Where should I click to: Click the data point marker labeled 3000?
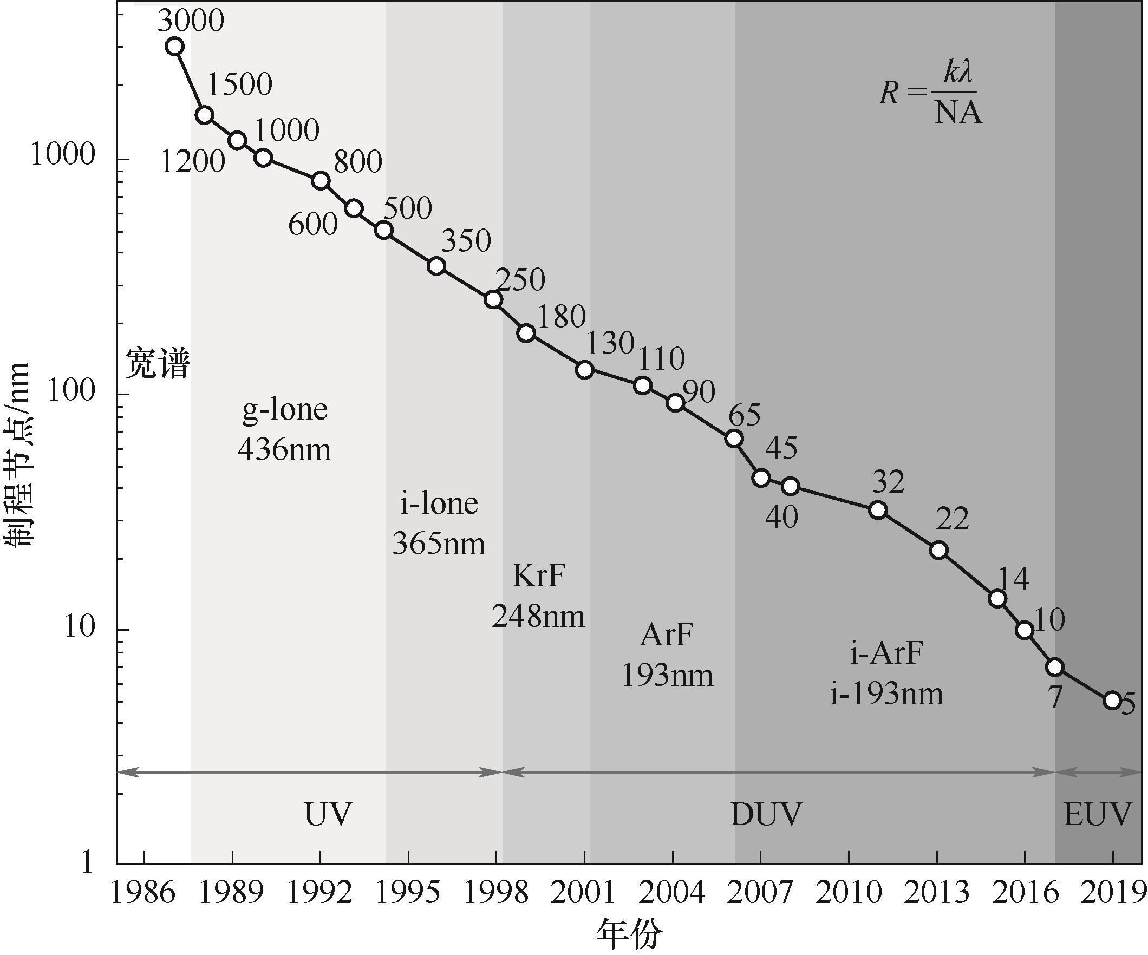click(x=174, y=47)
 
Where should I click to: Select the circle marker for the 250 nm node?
click(x=494, y=299)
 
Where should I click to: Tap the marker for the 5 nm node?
click(x=1112, y=700)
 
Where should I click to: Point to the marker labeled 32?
click(x=878, y=510)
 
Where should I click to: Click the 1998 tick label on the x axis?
click(x=496, y=893)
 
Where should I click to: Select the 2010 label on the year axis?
click(x=849, y=893)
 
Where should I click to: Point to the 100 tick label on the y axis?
click(x=71, y=392)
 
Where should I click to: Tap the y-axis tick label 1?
click(x=88, y=863)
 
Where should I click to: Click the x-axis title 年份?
click(x=629, y=936)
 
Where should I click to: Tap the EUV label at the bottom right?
click(x=1097, y=814)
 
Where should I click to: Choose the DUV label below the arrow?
click(x=766, y=814)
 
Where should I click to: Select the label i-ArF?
click(x=886, y=653)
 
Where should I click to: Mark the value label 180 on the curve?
click(x=562, y=316)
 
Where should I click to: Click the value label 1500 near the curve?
click(x=239, y=85)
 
